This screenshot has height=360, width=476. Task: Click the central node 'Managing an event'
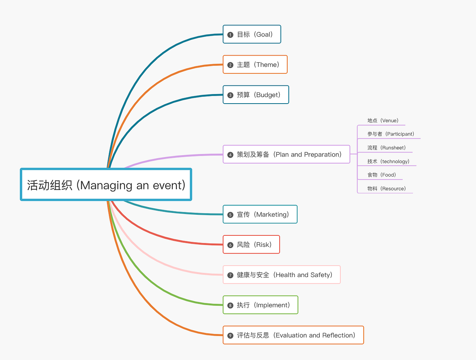[106, 185]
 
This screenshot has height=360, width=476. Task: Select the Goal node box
[252, 35]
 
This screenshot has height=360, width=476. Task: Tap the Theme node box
[255, 65]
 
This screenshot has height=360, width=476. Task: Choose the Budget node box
[256, 95]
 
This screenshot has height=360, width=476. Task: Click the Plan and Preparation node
[286, 154]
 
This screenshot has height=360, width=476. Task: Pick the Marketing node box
[260, 215]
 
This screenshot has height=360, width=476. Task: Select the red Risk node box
[251, 245]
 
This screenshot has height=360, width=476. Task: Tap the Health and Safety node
[282, 275]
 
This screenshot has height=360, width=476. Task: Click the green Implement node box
[260, 305]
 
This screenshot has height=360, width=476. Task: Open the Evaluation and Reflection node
[293, 335]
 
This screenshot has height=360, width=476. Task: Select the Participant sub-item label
[391, 134]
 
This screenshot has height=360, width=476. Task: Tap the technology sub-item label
[388, 162]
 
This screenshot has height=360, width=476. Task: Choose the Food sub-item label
[382, 175]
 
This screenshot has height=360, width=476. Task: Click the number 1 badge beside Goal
[230, 35]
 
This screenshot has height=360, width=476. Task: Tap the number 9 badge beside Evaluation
[230, 336]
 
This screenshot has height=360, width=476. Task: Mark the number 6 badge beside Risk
[230, 245]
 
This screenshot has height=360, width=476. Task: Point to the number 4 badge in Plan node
[230, 155]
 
